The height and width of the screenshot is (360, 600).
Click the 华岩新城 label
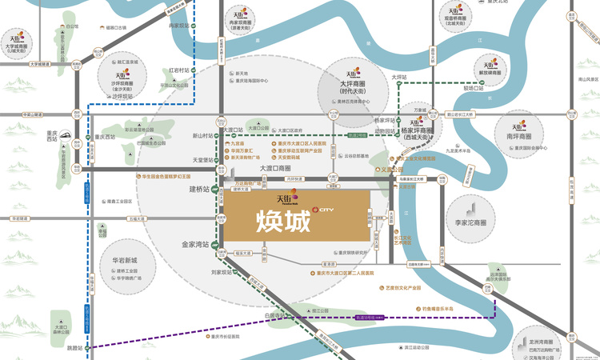124,261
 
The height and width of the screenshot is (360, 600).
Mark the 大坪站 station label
399,78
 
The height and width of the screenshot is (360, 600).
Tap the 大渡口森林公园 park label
63,330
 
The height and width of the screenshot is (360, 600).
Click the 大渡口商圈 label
274,168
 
